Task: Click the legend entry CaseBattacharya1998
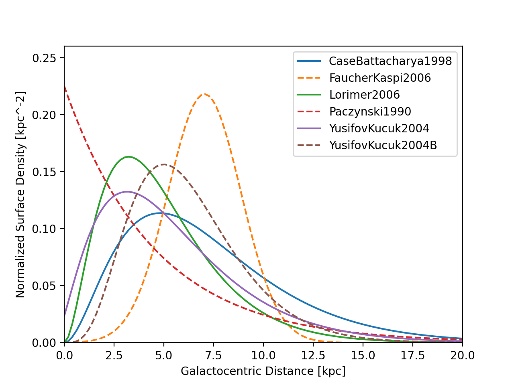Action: point(390,61)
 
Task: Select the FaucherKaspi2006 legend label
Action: point(379,78)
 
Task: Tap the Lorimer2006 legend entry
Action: point(364,95)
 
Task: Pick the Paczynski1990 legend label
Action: point(370,111)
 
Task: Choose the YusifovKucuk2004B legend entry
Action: point(383,145)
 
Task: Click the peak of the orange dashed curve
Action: point(204,94)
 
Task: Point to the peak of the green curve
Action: point(128,157)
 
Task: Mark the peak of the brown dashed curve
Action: point(164,164)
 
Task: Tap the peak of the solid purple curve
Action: point(127,192)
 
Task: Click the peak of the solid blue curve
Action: point(161,213)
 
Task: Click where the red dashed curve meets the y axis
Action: point(64,86)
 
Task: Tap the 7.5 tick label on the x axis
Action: point(214,355)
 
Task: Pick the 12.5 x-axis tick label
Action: point(313,355)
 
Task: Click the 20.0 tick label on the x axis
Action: point(463,355)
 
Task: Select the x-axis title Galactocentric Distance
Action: point(263,371)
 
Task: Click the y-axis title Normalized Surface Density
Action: point(20,195)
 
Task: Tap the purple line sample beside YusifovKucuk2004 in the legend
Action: point(309,128)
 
